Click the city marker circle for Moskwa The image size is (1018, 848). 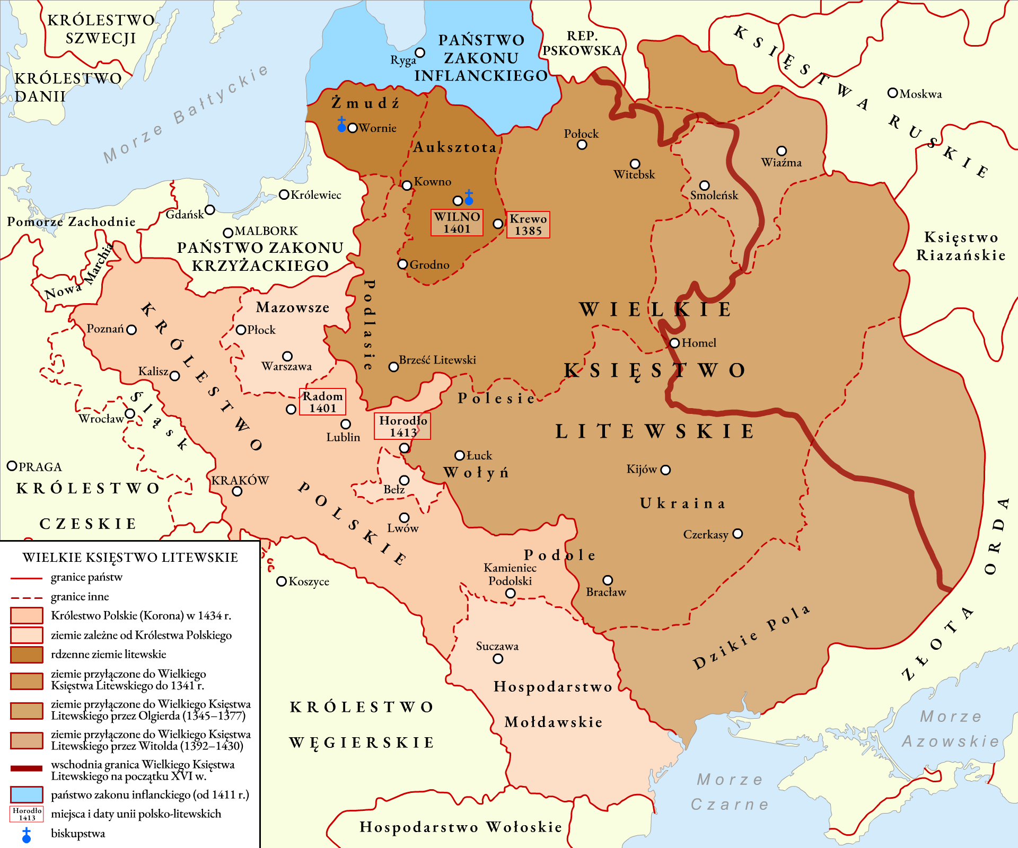pos(892,93)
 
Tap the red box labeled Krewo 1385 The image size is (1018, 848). pos(528,225)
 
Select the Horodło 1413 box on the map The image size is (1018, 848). pos(402,426)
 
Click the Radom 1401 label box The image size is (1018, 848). pos(322,402)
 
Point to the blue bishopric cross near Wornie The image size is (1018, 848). pos(341,125)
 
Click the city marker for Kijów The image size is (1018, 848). pos(666,470)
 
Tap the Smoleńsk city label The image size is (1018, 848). pos(714,196)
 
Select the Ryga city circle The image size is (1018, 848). pos(420,52)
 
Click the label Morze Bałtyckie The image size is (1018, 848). pos(186,114)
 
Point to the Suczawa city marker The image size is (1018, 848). pos(498,659)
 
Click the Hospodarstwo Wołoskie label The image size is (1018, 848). pos(460,827)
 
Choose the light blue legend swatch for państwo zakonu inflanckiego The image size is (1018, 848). pos(27,794)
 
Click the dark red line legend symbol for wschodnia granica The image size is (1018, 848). pos(27,768)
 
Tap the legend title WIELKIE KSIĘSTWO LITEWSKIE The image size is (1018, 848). pos(130,558)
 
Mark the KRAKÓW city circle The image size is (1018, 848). pos(238,491)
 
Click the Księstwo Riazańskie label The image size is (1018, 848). pos(961,246)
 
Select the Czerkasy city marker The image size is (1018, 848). pos(738,534)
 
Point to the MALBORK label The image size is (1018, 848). pos(266,231)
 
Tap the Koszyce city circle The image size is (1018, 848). pos(282,581)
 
